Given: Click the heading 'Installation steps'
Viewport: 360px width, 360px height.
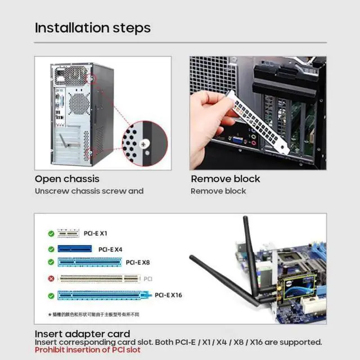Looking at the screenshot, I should (x=93, y=28).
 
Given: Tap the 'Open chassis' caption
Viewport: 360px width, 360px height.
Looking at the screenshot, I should (x=67, y=179).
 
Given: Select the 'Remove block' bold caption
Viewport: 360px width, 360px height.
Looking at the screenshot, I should (x=225, y=179).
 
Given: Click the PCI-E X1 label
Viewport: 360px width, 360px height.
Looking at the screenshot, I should (x=96, y=233).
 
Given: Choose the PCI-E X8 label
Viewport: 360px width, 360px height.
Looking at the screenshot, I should (x=138, y=262).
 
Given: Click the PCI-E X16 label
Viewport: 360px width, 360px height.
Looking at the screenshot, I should (x=168, y=295).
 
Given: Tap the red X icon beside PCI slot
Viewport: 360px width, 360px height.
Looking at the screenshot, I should (x=51, y=278).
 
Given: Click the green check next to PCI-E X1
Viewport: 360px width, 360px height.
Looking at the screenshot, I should (x=51, y=233).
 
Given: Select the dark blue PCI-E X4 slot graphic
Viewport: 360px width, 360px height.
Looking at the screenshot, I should (x=74, y=248).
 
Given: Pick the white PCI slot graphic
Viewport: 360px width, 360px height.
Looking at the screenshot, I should (x=99, y=278).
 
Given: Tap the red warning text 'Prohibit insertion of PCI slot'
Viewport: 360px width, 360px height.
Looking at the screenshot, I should (x=87, y=350).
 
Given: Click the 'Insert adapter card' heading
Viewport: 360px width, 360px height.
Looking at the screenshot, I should (x=82, y=334).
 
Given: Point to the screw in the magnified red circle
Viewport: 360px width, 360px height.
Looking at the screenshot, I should (x=145, y=144).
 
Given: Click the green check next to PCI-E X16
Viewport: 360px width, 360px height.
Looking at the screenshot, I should (x=51, y=295).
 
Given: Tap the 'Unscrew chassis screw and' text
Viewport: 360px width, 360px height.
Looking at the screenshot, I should (x=89, y=191).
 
